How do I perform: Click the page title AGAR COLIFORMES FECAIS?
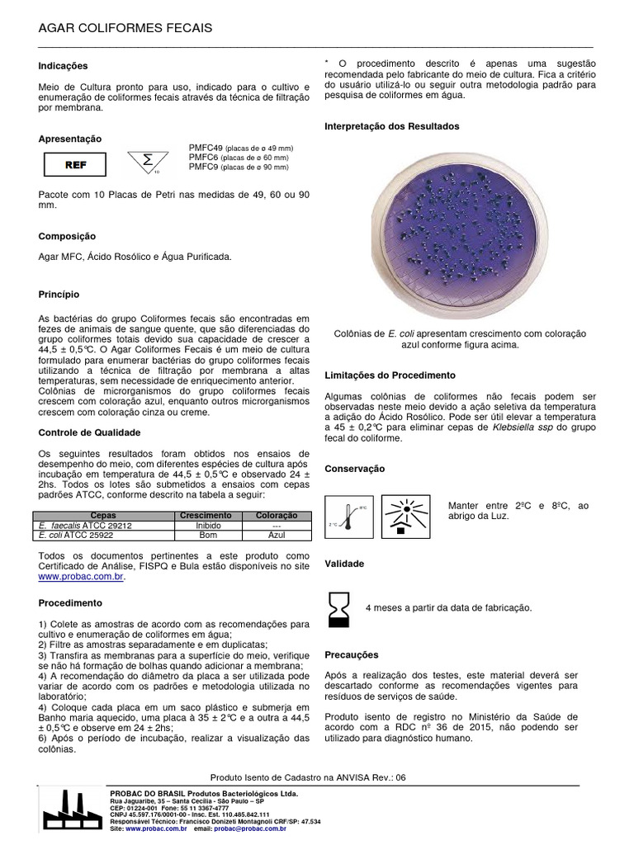pos(125,29)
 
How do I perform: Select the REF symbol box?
pos(75,164)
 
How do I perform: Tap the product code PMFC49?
pos(206,148)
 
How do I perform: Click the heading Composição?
pos(68,236)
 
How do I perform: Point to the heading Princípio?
pos(59,293)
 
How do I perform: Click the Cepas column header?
pos(104,515)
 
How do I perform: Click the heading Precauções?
pos(352,654)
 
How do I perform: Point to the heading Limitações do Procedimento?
pos(390,375)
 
